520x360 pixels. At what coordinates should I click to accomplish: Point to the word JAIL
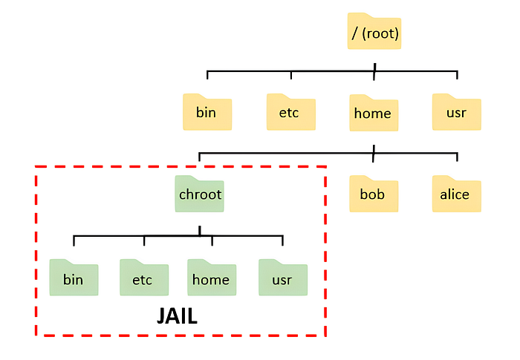[x=177, y=316]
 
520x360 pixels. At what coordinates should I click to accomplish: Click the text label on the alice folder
[x=455, y=195]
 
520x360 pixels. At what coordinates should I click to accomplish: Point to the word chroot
[x=201, y=196]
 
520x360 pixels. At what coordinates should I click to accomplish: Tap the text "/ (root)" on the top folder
[x=374, y=33]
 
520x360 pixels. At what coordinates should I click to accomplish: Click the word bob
[x=372, y=195]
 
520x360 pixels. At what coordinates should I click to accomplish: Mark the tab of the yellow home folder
[x=360, y=96]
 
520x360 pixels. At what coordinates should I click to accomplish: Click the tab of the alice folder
[x=442, y=178]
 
